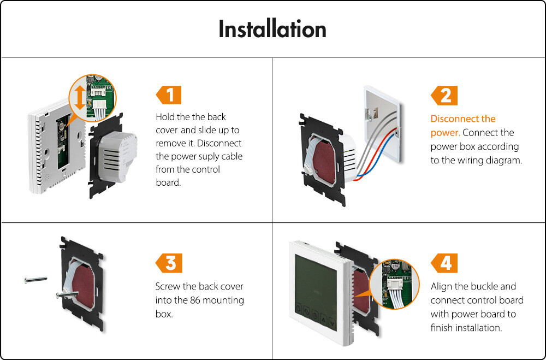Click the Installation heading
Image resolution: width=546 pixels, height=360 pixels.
[x=272, y=29]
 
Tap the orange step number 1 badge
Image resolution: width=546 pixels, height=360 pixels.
[x=169, y=95]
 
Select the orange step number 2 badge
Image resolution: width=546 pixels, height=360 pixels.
[x=444, y=96]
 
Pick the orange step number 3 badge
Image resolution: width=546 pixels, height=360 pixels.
[x=169, y=263]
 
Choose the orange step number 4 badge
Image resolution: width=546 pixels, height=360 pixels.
[x=444, y=263]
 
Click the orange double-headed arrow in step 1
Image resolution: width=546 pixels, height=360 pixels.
[x=80, y=98]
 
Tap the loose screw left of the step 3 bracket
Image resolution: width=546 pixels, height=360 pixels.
[x=35, y=280]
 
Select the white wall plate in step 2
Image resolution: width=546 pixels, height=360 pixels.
[x=382, y=123]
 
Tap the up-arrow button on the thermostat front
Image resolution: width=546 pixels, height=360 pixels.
[x=324, y=319]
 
